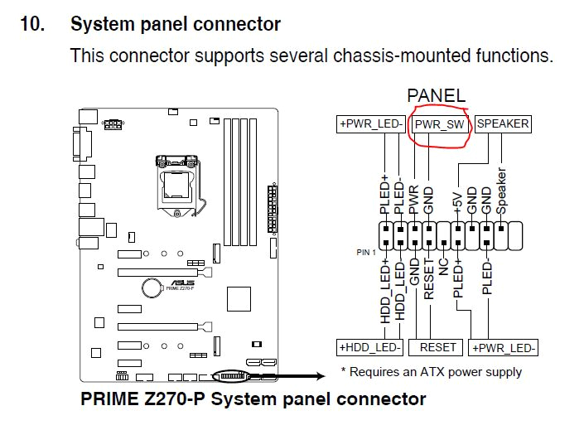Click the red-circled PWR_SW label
pos(441,125)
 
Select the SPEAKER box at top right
pos(503,124)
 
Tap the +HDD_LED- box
pos(369,347)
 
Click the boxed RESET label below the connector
pos(437,347)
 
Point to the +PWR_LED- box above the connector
pos(370,124)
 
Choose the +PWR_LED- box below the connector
pos(503,347)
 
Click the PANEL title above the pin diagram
pos(437,97)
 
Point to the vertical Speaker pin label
pos(500,191)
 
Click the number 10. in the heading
pos(33,24)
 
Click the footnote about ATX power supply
pos(431,371)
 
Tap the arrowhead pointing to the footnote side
pos(322,377)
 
